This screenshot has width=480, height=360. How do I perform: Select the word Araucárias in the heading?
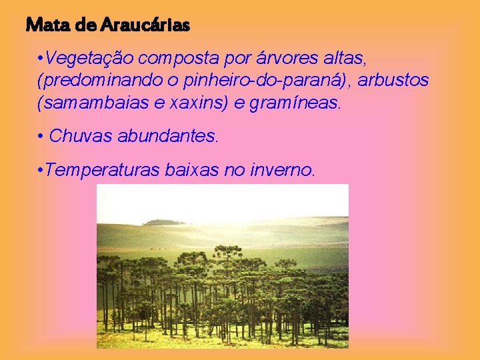[x=147, y=25]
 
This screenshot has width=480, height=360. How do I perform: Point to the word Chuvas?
[x=81, y=137]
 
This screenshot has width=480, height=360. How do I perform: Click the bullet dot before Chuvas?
[x=41, y=137]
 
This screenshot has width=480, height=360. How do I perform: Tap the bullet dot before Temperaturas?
[x=41, y=170]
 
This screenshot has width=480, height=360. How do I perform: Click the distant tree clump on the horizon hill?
[x=163, y=222]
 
